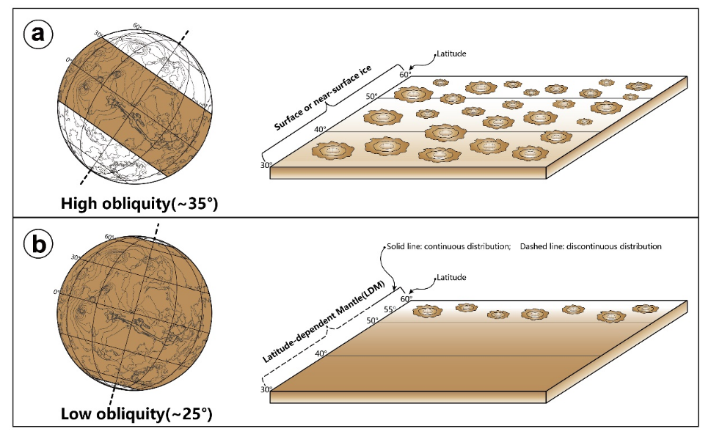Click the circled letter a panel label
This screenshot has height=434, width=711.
click(38, 34)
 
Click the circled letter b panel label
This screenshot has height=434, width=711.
click(38, 244)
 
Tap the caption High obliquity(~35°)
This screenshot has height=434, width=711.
click(139, 203)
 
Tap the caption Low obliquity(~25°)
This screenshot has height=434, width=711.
click(136, 413)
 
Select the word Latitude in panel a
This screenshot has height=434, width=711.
click(451, 54)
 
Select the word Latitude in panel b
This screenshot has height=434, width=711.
click(451, 277)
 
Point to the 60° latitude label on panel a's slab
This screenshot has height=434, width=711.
click(405, 74)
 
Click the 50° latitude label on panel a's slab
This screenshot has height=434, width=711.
click(372, 96)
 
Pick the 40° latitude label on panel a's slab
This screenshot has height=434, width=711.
click(320, 130)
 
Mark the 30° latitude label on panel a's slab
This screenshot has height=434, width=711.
click(266, 166)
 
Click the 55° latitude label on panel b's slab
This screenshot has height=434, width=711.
click(390, 309)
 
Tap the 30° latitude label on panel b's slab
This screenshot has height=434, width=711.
click(266, 389)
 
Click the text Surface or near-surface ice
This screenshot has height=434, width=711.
click(323, 98)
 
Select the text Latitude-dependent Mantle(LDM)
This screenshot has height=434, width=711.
click(324, 322)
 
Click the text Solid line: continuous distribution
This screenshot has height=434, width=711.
click(448, 246)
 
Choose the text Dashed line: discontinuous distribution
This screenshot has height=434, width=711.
click(591, 246)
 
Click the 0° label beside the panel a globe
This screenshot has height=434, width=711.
click(69, 60)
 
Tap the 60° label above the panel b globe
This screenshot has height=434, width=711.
click(109, 237)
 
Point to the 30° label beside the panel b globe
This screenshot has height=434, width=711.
click(76, 257)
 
